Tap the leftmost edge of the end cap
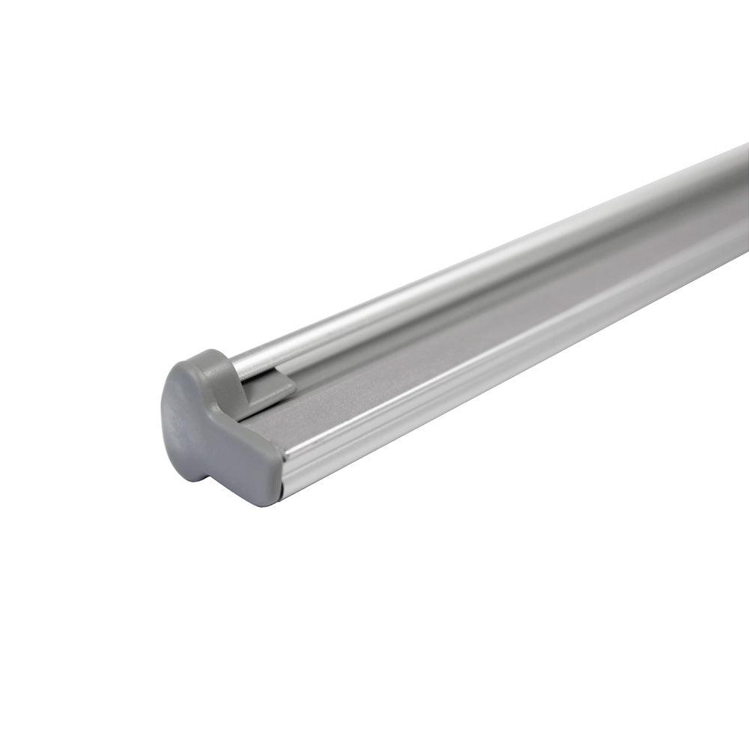click(162, 419)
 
